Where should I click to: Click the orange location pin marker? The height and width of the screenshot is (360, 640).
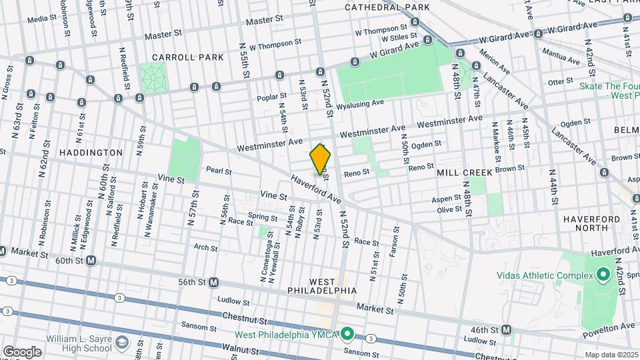tap(321, 159)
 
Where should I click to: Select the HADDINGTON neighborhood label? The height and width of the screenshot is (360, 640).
tap(91, 153)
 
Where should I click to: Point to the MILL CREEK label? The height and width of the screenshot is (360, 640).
tap(465, 172)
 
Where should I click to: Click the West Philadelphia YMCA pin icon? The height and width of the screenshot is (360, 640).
tap(347, 333)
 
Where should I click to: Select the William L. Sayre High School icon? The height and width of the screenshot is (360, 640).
tap(121, 343)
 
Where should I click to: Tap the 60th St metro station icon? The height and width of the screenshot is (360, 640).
tap(91, 261)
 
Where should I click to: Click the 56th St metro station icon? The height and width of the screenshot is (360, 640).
tap(213, 282)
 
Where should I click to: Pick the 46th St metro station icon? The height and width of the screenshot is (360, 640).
tap(507, 329)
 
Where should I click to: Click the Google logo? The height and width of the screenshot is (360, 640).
tap(21, 351)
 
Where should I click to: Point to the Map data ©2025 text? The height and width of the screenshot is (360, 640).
tap(611, 355)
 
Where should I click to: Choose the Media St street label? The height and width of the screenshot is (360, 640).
tap(41, 19)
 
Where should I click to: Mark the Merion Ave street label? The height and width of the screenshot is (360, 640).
tap(494, 65)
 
